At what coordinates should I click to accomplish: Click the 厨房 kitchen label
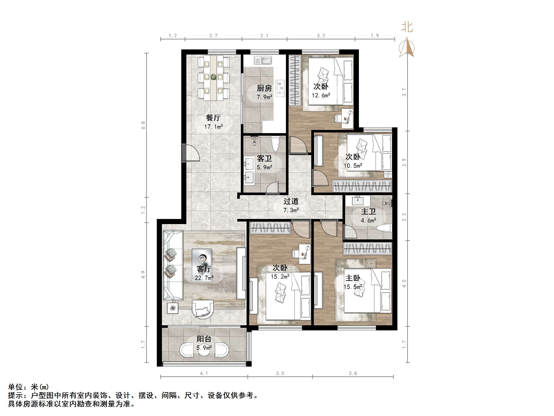tap(264, 88)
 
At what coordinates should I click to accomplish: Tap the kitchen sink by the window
tap(263, 60)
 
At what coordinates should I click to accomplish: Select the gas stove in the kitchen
tap(280, 88)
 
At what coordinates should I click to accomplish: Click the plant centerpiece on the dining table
tap(214, 77)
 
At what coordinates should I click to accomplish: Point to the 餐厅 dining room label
tap(213, 118)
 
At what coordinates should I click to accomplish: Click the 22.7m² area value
tap(204, 278)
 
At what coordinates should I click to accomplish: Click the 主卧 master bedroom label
tap(353, 278)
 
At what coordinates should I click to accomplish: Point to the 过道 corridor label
tap(291, 201)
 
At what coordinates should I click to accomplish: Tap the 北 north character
tap(407, 27)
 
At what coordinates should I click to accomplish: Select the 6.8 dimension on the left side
tap(143, 125)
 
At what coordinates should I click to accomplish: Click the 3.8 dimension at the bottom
tap(353, 373)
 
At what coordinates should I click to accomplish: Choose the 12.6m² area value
tap(321, 95)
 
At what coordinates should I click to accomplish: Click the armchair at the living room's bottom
tap(203, 309)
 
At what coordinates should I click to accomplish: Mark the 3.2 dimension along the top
tap(321, 36)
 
